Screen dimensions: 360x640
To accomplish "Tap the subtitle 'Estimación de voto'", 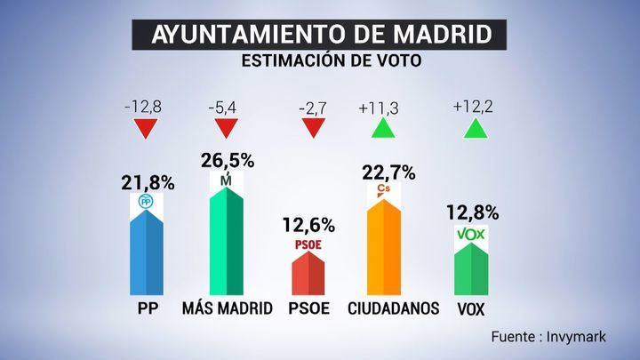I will pyautogui.click(x=319, y=62).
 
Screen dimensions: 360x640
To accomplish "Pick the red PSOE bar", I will pyautogui.click(x=310, y=271).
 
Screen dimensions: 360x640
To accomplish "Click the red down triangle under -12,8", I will pyautogui.click(x=146, y=129).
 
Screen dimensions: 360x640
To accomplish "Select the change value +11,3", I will pyautogui.click(x=380, y=108).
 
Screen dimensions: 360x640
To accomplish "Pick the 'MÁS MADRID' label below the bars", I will pyautogui.click(x=228, y=308).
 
